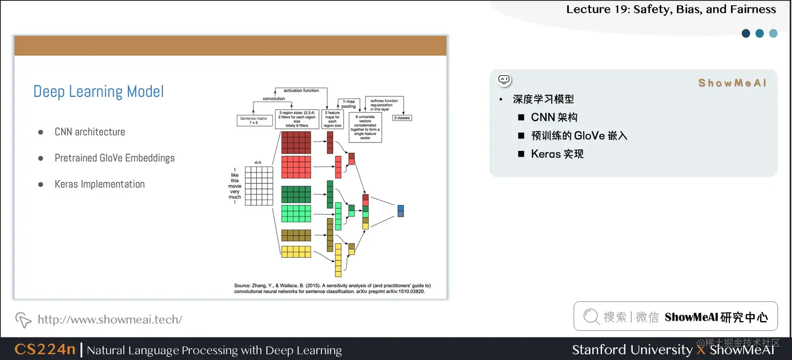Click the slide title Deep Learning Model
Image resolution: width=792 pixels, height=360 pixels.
coord(98,92)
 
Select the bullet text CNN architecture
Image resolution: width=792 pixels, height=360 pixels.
coord(90,132)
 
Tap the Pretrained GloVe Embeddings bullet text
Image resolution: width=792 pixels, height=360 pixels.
coord(114,158)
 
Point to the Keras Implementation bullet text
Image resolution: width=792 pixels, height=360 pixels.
coord(100,184)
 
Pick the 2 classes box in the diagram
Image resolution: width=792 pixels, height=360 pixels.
coord(403,118)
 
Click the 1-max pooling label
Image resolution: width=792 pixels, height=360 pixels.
coord(348,104)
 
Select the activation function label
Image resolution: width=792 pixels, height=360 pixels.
coord(301,91)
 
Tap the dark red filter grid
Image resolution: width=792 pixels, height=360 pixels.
coord(296,141)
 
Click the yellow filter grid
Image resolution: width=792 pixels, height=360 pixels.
coord(296,252)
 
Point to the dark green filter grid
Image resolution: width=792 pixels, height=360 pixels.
coord(296,194)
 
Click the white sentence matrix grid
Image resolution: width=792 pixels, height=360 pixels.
coord(259,186)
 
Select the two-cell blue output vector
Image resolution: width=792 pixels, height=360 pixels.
coord(401,211)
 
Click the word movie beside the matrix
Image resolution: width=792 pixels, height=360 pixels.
coord(235,186)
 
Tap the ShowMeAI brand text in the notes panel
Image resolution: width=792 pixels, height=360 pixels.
coord(732,83)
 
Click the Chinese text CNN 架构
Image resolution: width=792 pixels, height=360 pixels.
coord(554,117)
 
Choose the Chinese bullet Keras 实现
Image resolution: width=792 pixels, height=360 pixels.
coord(557,154)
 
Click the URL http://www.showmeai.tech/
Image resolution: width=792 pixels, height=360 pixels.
coord(110,319)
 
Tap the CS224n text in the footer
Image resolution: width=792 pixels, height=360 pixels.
coord(45,350)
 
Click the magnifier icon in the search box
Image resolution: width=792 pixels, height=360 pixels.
coord(591,317)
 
